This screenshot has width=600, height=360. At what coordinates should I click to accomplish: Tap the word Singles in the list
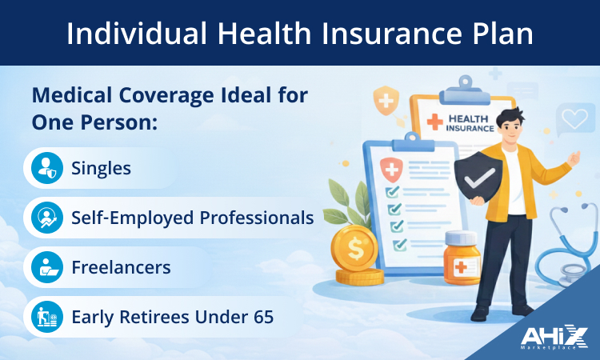[101, 168]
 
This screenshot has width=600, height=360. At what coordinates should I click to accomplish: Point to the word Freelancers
[121, 266]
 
